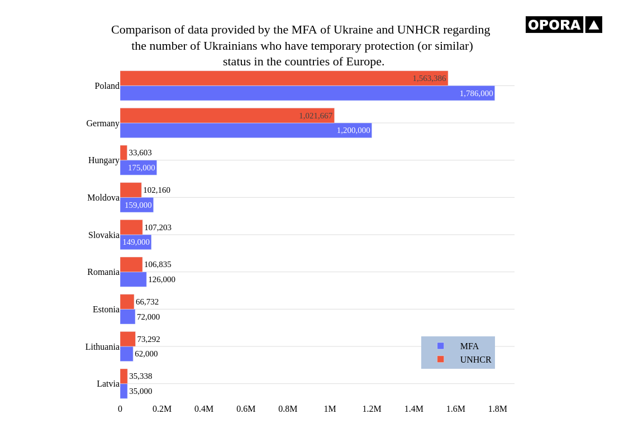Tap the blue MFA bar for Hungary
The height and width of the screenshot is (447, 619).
138,168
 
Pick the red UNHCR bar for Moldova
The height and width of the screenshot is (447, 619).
131,190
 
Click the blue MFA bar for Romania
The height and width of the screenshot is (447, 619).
133,279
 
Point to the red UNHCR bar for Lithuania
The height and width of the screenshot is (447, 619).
127,339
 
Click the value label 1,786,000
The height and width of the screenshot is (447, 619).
476,93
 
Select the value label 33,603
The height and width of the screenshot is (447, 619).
140,153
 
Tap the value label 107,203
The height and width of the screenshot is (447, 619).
158,227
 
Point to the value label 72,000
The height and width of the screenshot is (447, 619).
148,317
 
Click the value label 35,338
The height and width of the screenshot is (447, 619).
140,376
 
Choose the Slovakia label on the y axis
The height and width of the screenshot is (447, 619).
103,235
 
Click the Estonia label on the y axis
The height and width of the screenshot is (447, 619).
106,310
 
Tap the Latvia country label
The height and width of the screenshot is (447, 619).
108,384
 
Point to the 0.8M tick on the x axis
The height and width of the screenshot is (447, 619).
288,409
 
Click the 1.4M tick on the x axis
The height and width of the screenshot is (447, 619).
413,409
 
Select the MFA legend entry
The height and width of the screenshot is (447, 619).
469,346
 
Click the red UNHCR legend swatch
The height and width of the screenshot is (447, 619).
440,359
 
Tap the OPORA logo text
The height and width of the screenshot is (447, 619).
554,25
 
